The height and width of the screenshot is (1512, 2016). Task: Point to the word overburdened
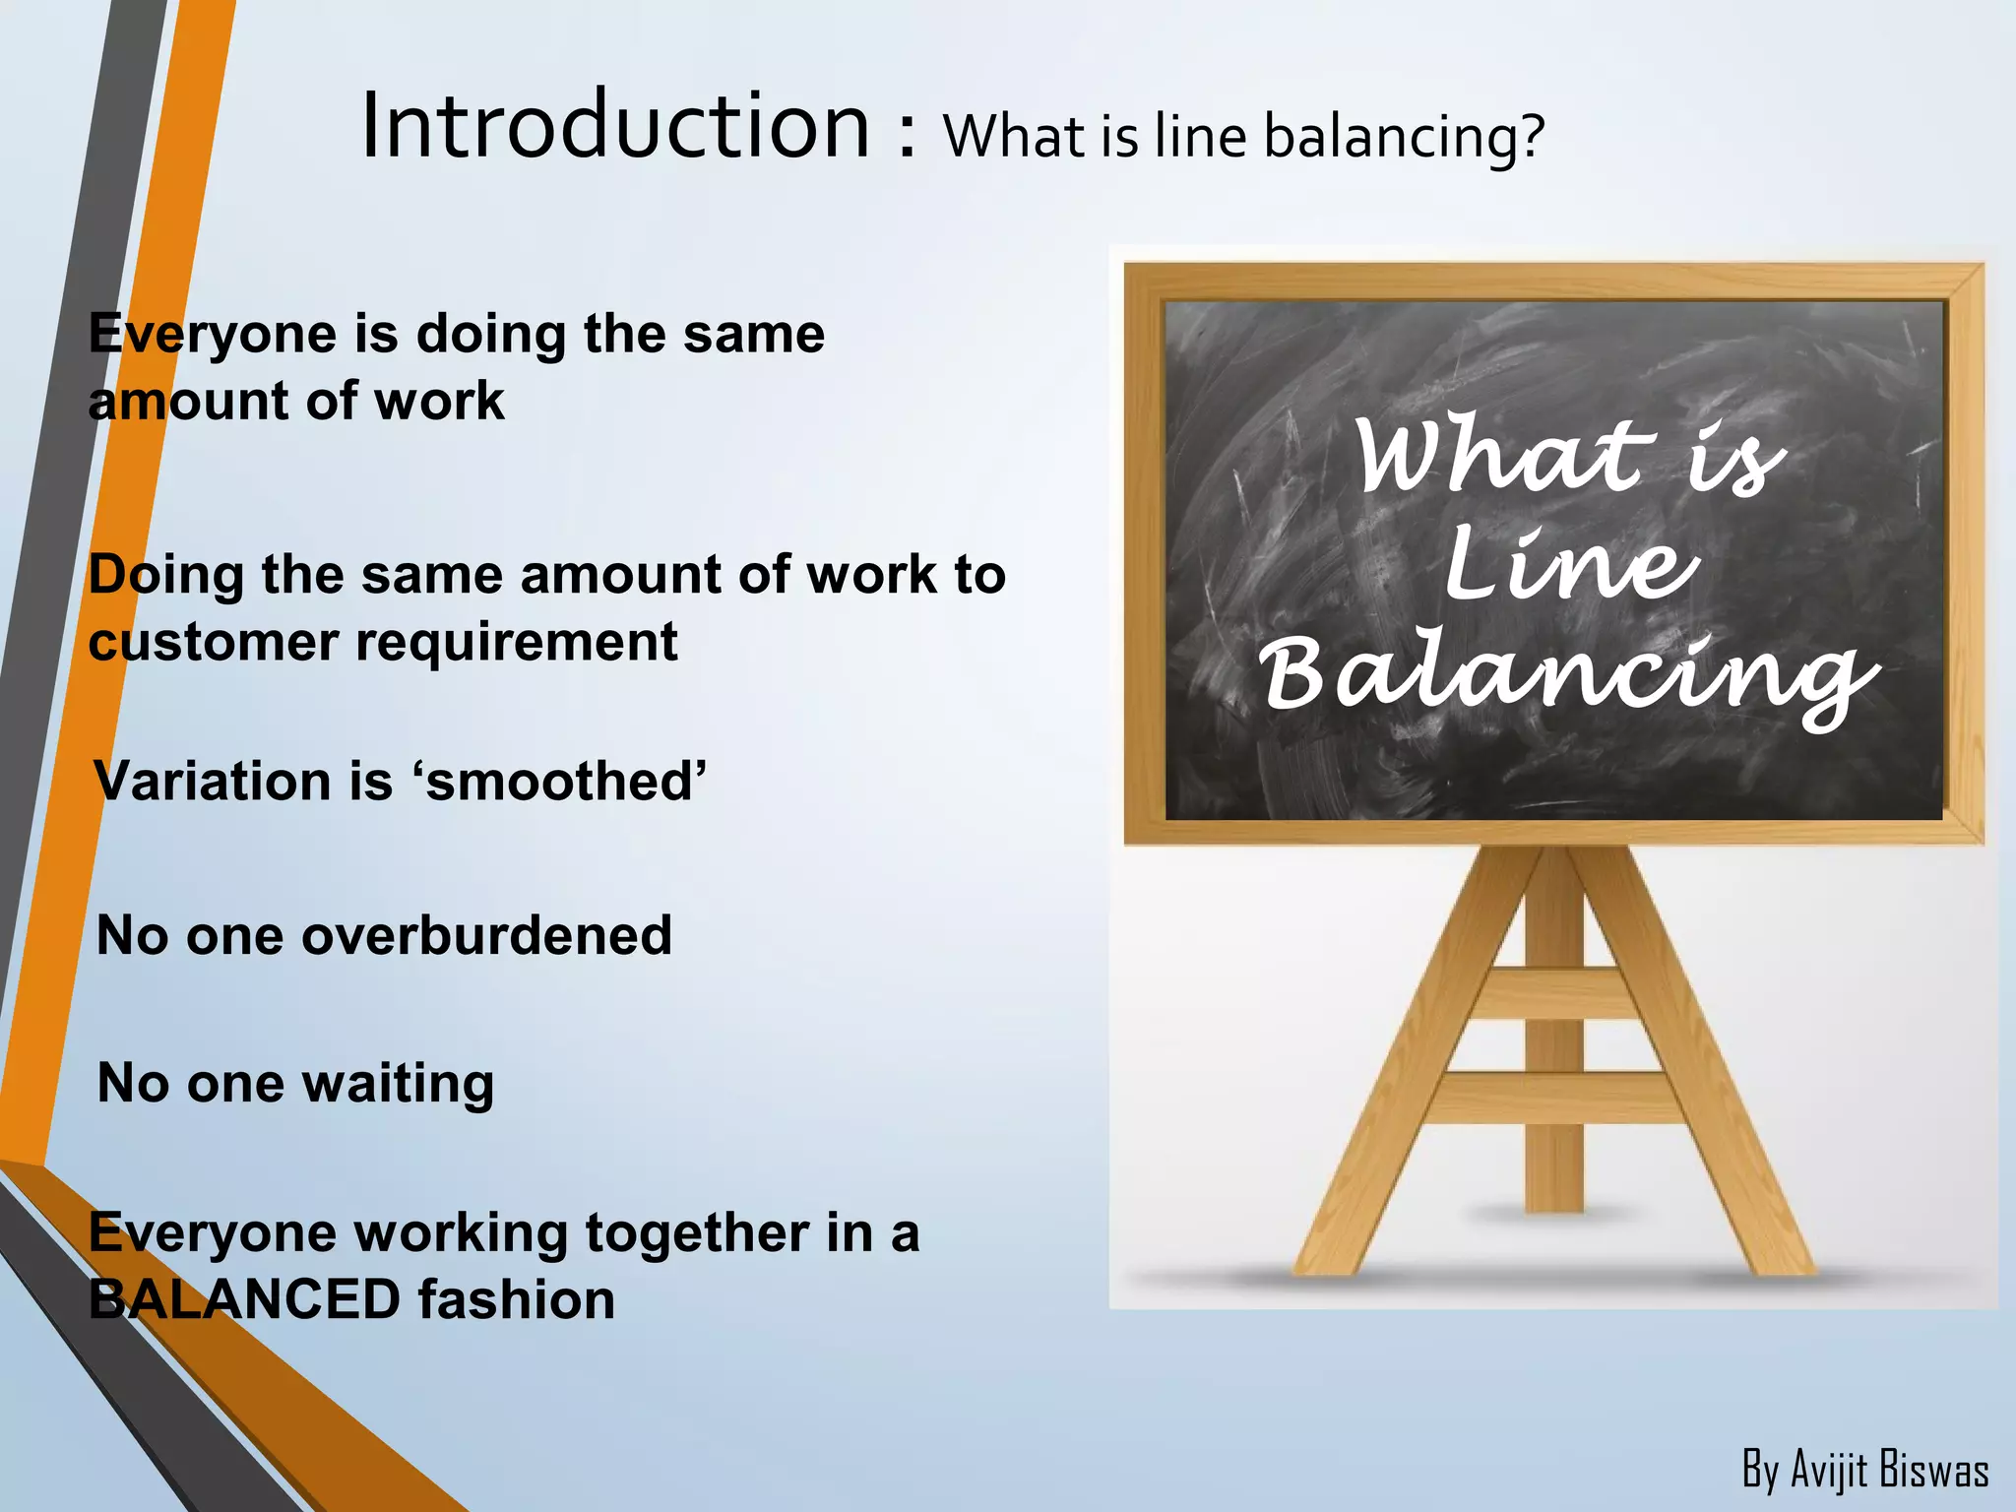click(x=487, y=935)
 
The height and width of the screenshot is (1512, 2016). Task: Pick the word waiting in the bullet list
click(x=398, y=1085)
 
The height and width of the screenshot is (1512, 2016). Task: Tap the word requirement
click(x=516, y=643)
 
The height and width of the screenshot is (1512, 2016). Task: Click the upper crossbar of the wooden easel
click(x=1555, y=992)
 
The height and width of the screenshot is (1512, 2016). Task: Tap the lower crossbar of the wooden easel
click(x=1555, y=1097)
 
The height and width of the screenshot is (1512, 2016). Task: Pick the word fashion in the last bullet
click(x=516, y=1299)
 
